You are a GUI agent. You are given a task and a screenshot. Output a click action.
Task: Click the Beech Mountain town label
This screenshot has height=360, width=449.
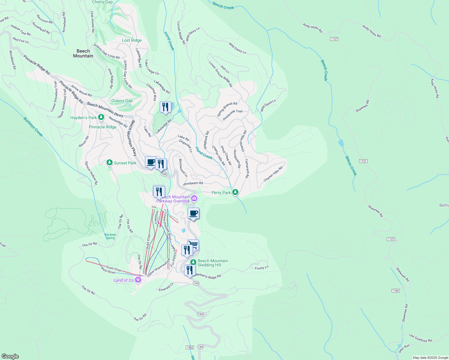(83, 53)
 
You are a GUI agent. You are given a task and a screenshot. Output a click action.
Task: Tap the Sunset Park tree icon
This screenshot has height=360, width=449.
(110, 163)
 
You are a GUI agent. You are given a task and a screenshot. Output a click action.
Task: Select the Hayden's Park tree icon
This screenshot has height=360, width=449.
(101, 117)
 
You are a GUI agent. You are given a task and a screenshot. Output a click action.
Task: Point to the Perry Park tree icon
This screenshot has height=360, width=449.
(235, 192)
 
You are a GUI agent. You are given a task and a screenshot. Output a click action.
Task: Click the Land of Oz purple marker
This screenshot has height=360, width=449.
(138, 280)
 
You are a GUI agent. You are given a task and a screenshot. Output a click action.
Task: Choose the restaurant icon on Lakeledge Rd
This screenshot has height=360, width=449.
(165, 107)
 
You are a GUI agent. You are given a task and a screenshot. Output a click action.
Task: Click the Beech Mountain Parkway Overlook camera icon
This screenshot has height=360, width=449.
(194, 198)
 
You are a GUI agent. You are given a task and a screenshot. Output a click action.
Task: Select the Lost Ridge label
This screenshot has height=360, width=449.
(131, 40)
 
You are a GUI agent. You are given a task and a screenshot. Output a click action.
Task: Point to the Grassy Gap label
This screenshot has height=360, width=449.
(122, 101)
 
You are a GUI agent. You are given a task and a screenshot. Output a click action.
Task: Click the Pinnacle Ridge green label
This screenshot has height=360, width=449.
(103, 127)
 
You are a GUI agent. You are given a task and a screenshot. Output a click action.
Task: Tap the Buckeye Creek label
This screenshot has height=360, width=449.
(33, 127)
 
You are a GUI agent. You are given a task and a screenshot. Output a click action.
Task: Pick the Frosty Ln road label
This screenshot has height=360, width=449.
(262, 268)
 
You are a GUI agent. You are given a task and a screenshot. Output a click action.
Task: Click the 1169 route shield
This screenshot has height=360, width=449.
(396, 291)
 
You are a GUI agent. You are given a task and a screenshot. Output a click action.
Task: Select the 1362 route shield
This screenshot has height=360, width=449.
(190, 347)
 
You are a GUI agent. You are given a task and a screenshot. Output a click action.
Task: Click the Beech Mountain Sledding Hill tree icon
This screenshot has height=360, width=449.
(193, 262)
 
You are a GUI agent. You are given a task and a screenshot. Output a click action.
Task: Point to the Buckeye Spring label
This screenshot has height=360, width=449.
(110, 236)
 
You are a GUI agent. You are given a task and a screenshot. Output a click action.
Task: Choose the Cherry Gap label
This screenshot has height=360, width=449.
(102, 2)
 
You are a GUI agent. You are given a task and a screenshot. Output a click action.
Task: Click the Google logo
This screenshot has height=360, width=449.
(10, 356)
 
